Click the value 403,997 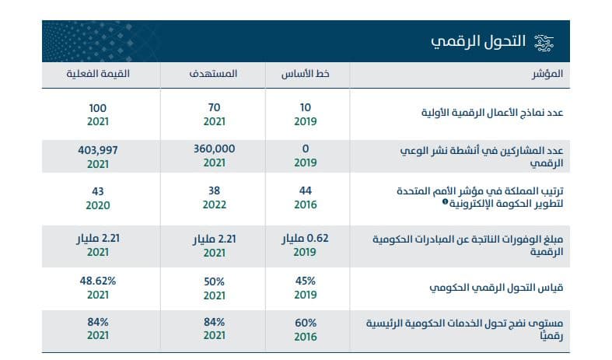click(97, 149)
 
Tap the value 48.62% click(97, 281)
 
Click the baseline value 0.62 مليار click(305, 237)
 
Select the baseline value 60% click(305, 323)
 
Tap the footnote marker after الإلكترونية click(445, 202)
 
